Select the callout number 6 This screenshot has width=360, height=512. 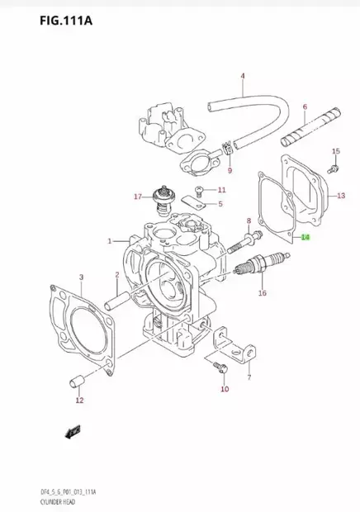pyautogui.click(x=304, y=107)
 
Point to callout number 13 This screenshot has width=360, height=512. pyautogui.click(x=341, y=196)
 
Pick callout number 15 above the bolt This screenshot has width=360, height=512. pyautogui.click(x=335, y=151)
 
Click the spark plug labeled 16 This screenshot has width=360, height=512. pyautogui.click(x=256, y=268)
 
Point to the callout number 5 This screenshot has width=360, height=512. pyautogui.click(x=220, y=204)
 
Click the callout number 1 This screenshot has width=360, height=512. pyautogui.click(x=109, y=241)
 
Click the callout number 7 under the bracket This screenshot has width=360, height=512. pyautogui.click(x=248, y=377)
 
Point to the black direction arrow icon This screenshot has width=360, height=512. pyautogui.click(x=74, y=429)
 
